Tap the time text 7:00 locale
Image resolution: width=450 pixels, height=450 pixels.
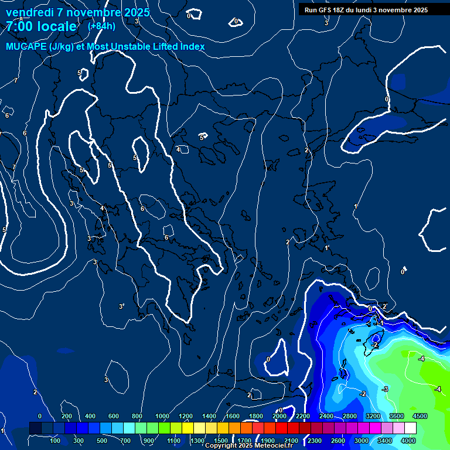[41, 26]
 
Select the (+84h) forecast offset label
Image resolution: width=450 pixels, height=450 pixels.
[101, 26]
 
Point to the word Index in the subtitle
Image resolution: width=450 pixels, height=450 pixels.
[192, 46]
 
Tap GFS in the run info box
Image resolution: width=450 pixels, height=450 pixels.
[328, 10]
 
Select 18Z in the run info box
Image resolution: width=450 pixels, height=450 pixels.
[345, 10]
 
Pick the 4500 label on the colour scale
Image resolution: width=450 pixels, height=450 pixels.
[420, 416]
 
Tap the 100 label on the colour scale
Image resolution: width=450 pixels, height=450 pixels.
[55, 441]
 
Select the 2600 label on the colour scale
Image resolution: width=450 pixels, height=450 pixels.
[337, 441]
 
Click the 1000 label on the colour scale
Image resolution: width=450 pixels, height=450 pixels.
[162, 416]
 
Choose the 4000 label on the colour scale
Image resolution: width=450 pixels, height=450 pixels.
[408, 441]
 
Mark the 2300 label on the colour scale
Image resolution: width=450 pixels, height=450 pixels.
[314, 441]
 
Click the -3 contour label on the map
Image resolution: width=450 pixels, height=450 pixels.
[385, 389]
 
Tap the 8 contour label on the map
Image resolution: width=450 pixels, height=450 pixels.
[21, 19]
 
